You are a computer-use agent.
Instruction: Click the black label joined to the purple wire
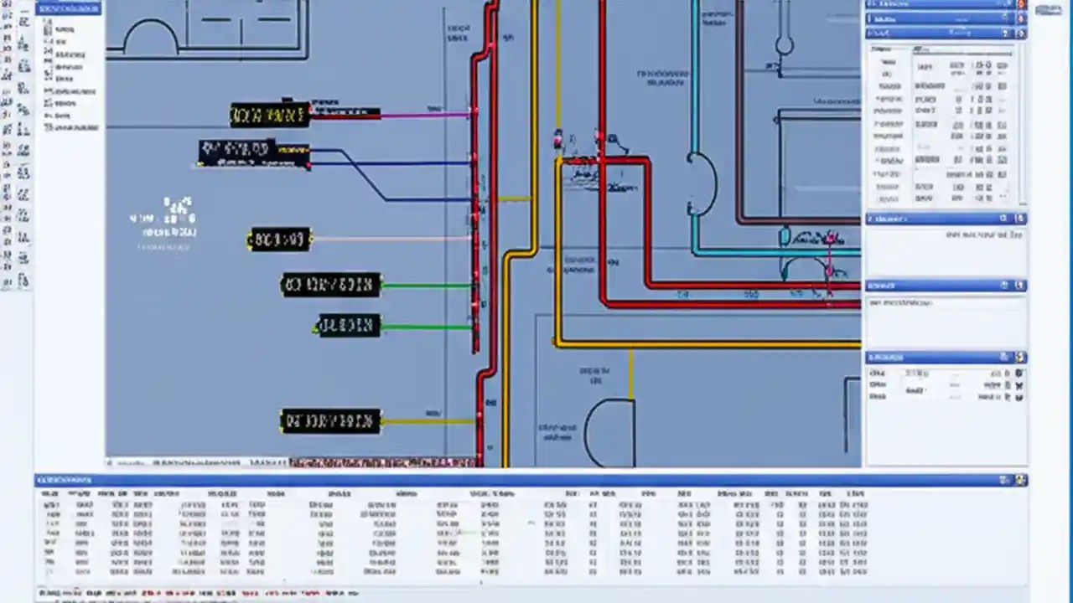[270, 115]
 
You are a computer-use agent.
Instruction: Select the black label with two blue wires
[253, 152]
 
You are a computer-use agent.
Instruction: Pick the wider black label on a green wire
[330, 285]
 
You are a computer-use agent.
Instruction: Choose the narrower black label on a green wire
[349, 325]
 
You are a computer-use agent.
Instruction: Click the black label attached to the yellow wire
[330, 420]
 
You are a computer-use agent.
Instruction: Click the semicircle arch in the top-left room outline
[152, 38]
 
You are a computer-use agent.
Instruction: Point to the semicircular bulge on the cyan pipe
[703, 183]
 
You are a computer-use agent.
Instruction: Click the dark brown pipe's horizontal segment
[796, 221]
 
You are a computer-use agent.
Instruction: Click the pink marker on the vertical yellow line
[558, 141]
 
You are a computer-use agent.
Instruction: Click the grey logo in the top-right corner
[1048, 9]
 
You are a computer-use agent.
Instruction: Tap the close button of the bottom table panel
[1020, 480]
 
